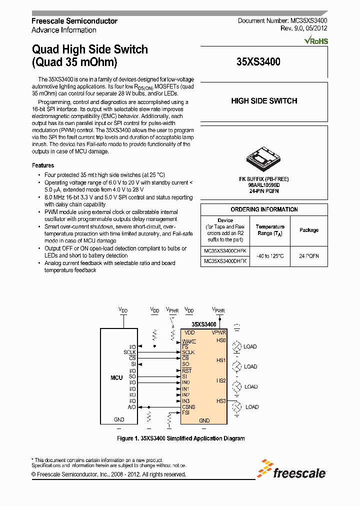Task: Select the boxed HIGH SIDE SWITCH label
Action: [264, 101]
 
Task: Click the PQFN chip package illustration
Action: [263, 158]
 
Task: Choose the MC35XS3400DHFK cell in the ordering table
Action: [225, 260]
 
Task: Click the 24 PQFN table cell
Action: [309, 255]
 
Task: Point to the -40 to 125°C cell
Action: [270, 255]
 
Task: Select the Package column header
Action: [309, 230]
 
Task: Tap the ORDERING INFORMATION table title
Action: [264, 209]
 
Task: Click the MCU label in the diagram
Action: [116, 377]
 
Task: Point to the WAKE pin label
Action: [189, 341]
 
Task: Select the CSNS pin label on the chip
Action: [188, 407]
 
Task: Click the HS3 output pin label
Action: [221, 401]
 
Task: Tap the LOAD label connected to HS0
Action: [250, 346]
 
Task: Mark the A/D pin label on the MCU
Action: [132, 407]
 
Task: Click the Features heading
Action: [43, 165]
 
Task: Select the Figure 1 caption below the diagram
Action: [180, 438]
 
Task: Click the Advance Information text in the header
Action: [63, 30]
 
